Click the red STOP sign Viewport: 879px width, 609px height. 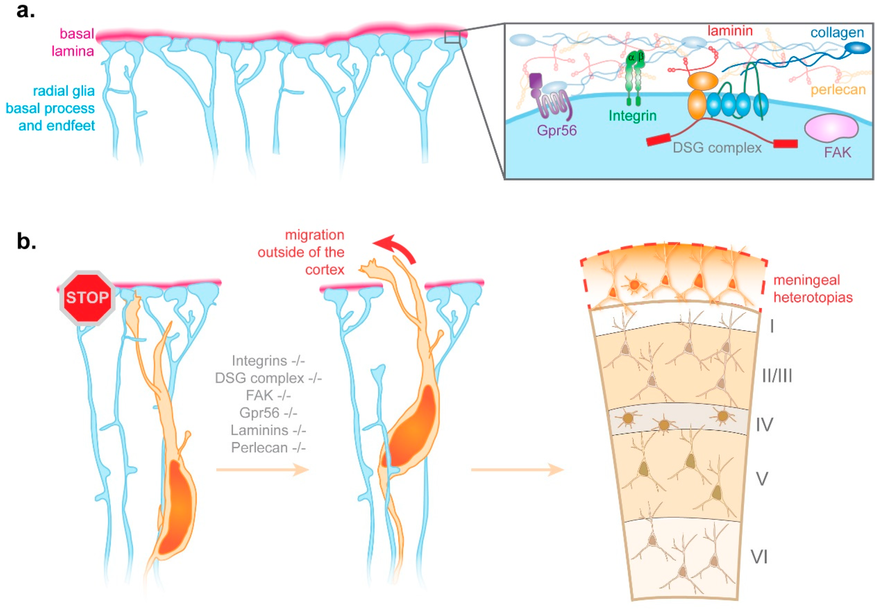(x=87, y=298)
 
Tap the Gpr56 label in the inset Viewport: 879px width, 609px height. (x=556, y=131)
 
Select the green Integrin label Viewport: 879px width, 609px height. (x=633, y=116)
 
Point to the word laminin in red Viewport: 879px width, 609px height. (x=730, y=31)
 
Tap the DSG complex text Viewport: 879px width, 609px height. (x=717, y=148)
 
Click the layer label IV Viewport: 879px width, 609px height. (x=764, y=425)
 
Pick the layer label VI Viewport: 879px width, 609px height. (x=759, y=557)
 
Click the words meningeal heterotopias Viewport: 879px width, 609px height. (x=813, y=289)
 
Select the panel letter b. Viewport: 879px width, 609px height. (x=26, y=242)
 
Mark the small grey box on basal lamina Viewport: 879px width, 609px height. (x=452, y=37)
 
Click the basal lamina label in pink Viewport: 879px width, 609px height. (x=74, y=42)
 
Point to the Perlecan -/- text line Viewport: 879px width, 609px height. (x=268, y=448)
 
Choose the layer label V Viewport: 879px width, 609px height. (x=762, y=478)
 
